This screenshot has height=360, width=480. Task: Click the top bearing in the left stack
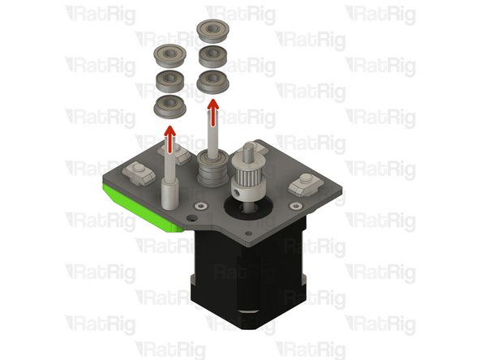pyautogui.click(x=168, y=56)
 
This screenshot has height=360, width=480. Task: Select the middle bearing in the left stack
pyautogui.click(x=168, y=80)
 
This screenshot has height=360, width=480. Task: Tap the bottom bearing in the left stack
pyautogui.click(x=168, y=105)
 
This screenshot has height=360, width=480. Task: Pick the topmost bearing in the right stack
pyautogui.click(x=212, y=32)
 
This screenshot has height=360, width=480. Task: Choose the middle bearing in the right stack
pyautogui.click(x=212, y=56)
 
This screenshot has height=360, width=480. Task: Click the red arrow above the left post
pyautogui.click(x=169, y=139)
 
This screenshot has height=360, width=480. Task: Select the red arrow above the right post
pyautogui.click(x=213, y=114)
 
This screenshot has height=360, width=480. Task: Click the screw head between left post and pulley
pyautogui.click(x=200, y=206)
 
